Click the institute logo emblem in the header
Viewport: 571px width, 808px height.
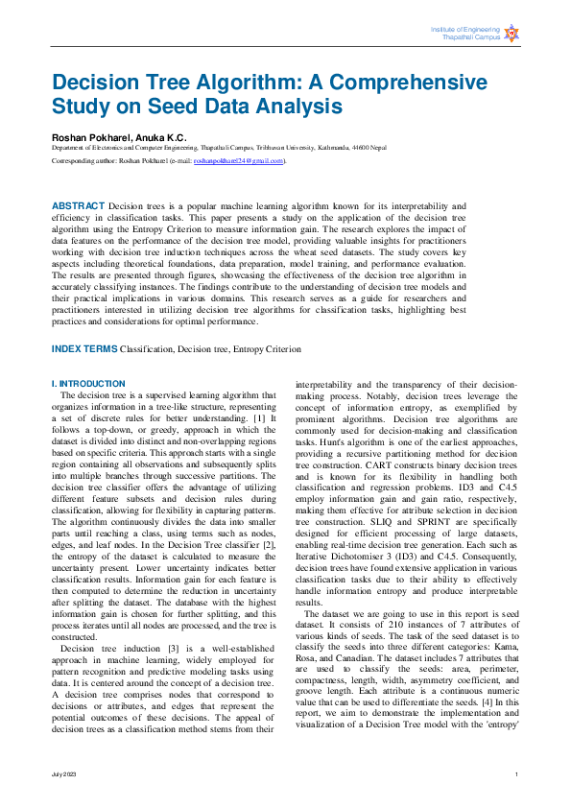pyautogui.click(x=512, y=34)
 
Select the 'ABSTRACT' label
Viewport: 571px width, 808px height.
pyautogui.click(x=78, y=206)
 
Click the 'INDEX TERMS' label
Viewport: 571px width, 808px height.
pyautogui.click(x=83, y=349)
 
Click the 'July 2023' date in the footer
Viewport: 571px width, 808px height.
pyautogui.click(x=64, y=773)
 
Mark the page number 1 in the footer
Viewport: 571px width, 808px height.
pyautogui.click(x=516, y=773)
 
